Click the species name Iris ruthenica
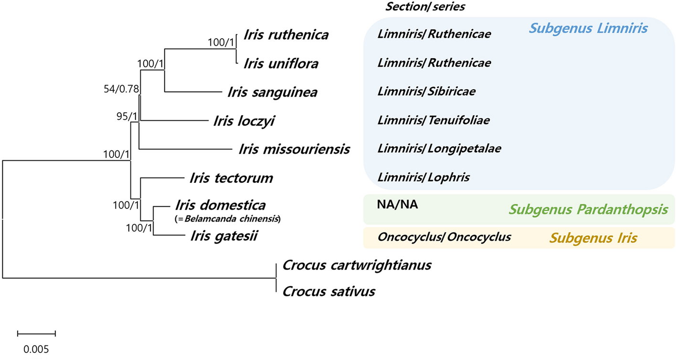[x=286, y=34]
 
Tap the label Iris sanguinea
[x=272, y=92]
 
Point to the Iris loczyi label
[x=244, y=120]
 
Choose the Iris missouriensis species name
[x=294, y=149]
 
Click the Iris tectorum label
[x=231, y=178]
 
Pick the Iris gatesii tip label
[x=224, y=235]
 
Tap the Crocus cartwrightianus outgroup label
[x=357, y=265]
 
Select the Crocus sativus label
[x=329, y=291]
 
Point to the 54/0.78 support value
[x=120, y=89]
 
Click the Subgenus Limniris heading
[x=588, y=29]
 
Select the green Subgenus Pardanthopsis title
[x=588, y=209]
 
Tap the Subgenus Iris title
[x=593, y=238]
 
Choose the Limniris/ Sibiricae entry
[x=426, y=91]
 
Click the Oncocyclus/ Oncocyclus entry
[x=444, y=236]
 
